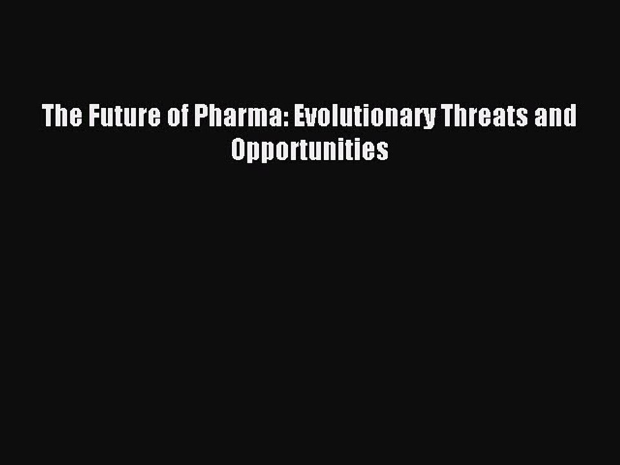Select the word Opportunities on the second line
tap(310, 150)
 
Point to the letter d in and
tap(571, 117)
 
